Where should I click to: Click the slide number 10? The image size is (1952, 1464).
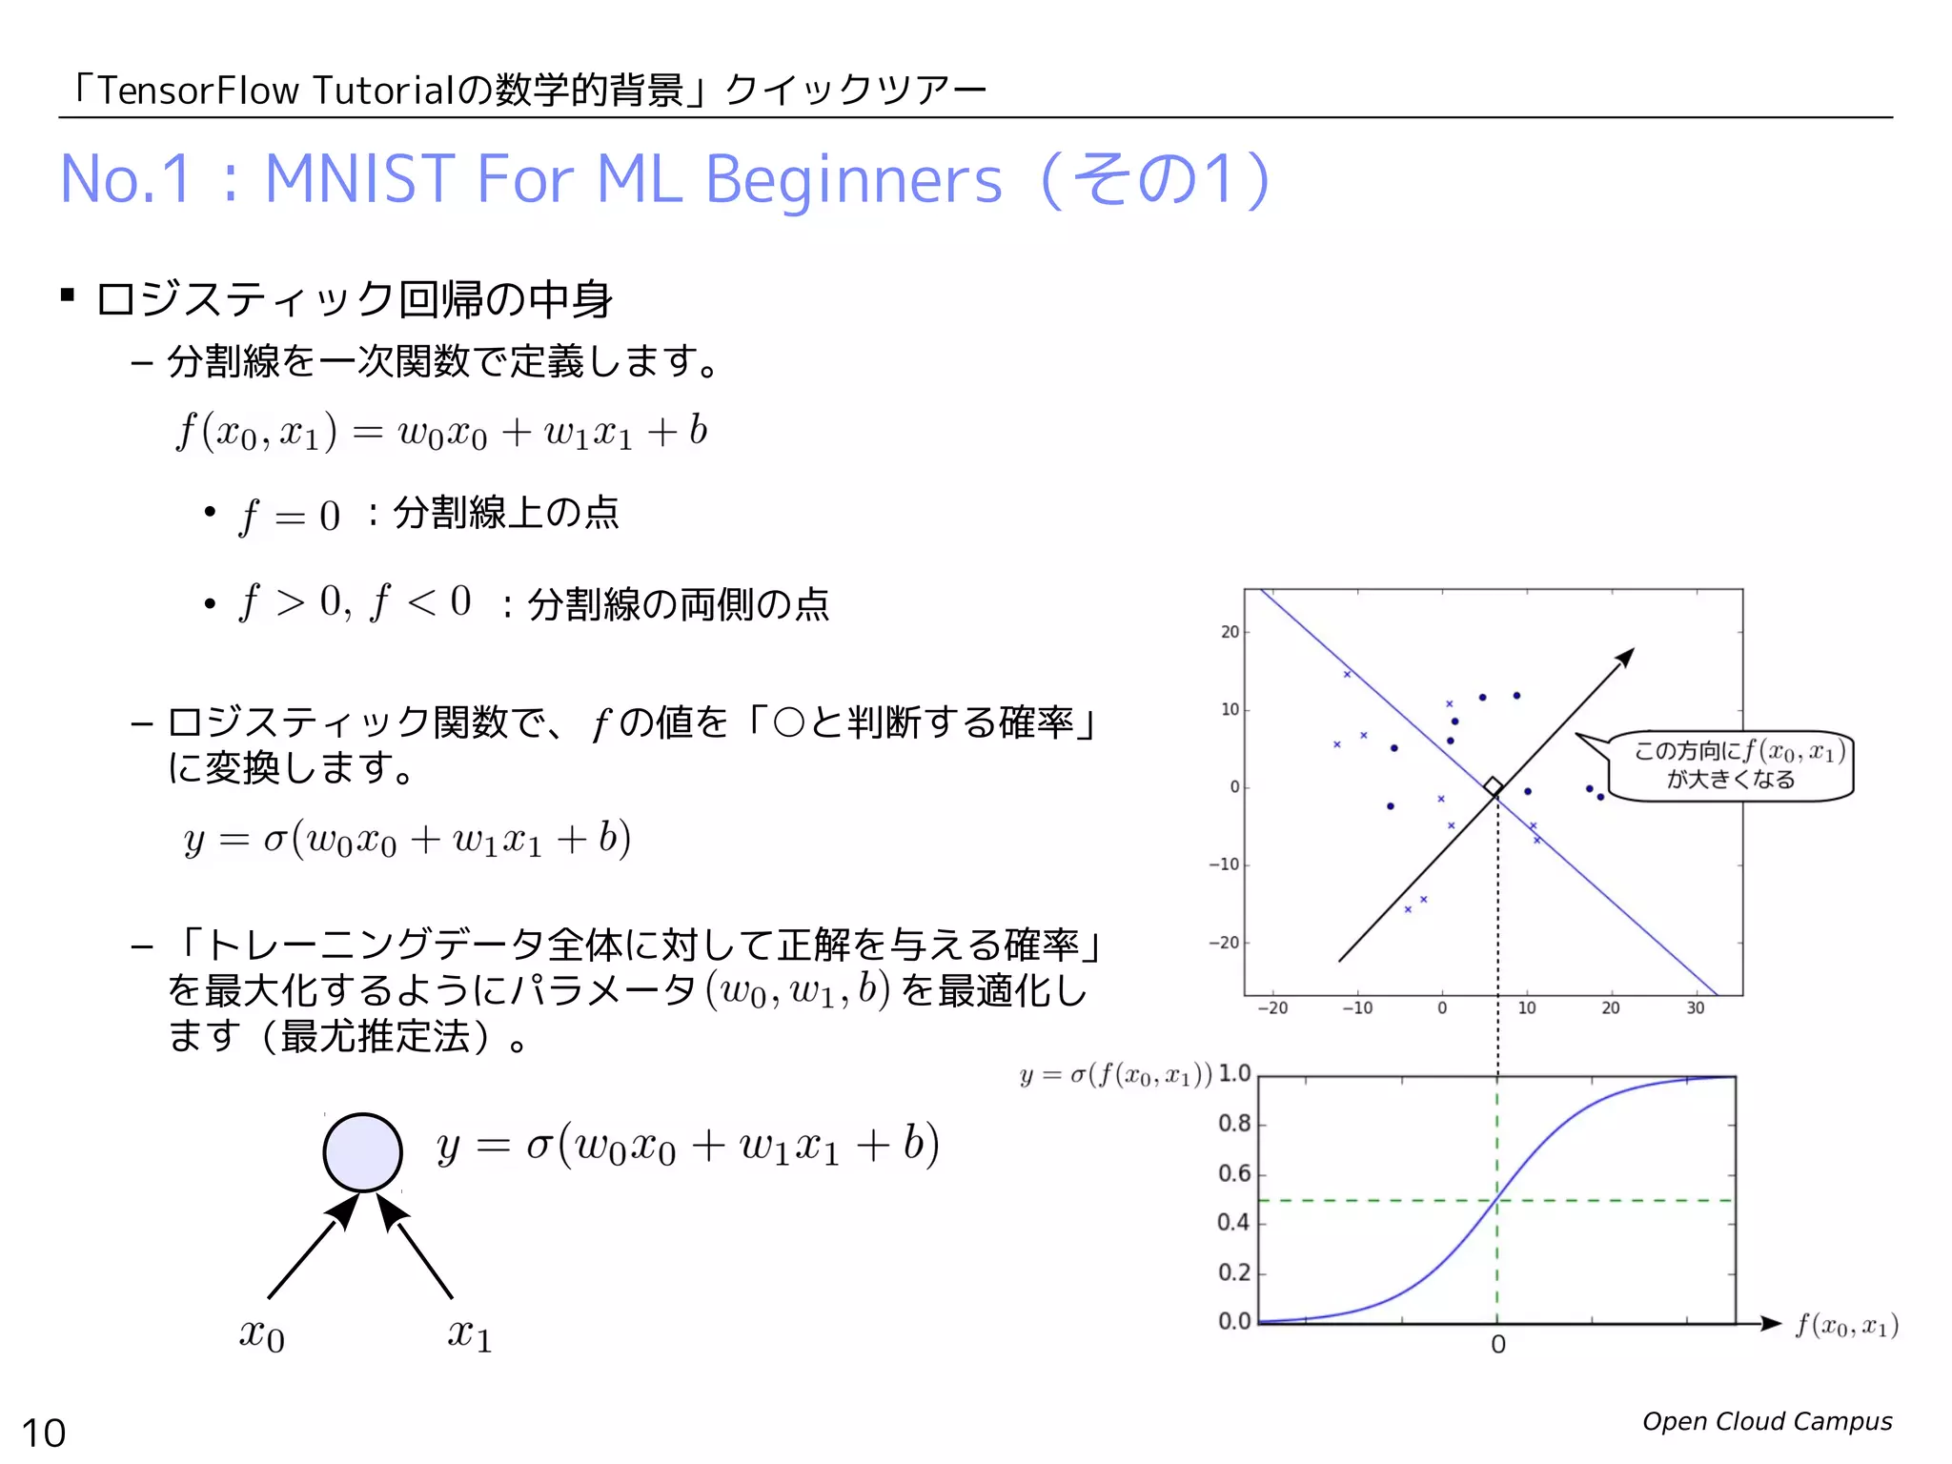tap(44, 1433)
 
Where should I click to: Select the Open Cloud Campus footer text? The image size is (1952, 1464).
tap(1766, 1421)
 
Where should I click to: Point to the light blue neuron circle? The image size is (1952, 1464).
tap(362, 1151)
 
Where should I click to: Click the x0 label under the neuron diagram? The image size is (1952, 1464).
tap(261, 1334)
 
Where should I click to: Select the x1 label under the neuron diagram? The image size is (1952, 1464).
tap(470, 1334)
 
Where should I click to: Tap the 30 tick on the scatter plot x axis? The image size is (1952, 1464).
tap(1695, 1008)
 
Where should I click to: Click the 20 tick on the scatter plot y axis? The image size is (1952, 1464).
tap(1230, 632)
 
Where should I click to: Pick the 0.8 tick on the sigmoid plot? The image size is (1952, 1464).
tap(1234, 1124)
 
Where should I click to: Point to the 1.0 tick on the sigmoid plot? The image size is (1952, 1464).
tap(1234, 1074)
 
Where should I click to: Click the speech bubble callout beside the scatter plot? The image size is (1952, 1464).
tap(1730, 765)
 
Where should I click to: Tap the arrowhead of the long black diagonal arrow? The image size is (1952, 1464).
tap(1625, 658)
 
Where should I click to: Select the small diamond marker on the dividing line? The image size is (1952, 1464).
tap(1494, 786)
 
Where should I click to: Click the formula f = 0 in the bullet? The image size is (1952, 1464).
tap(289, 516)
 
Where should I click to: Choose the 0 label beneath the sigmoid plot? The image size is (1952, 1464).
tap(1497, 1345)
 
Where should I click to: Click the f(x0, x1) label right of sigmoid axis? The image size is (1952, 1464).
tap(1846, 1326)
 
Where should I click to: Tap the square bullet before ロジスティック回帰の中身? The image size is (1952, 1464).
tap(68, 295)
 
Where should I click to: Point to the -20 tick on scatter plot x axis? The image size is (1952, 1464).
tap(1272, 1008)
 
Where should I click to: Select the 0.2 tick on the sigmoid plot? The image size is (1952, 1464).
tap(1234, 1272)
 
